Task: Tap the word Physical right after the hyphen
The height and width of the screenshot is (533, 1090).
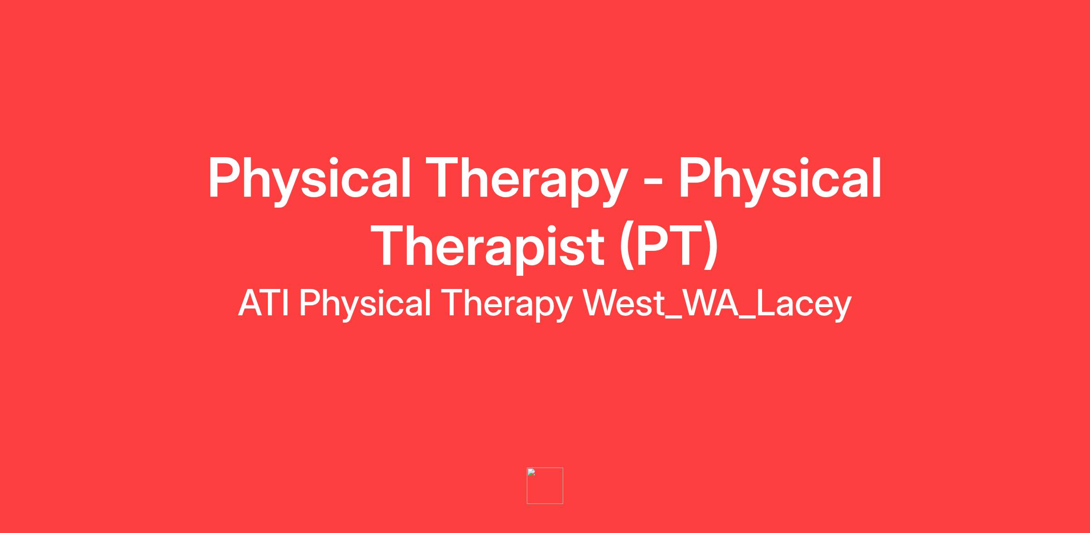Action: click(x=780, y=180)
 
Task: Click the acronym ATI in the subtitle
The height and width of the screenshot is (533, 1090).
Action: click(x=263, y=303)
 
